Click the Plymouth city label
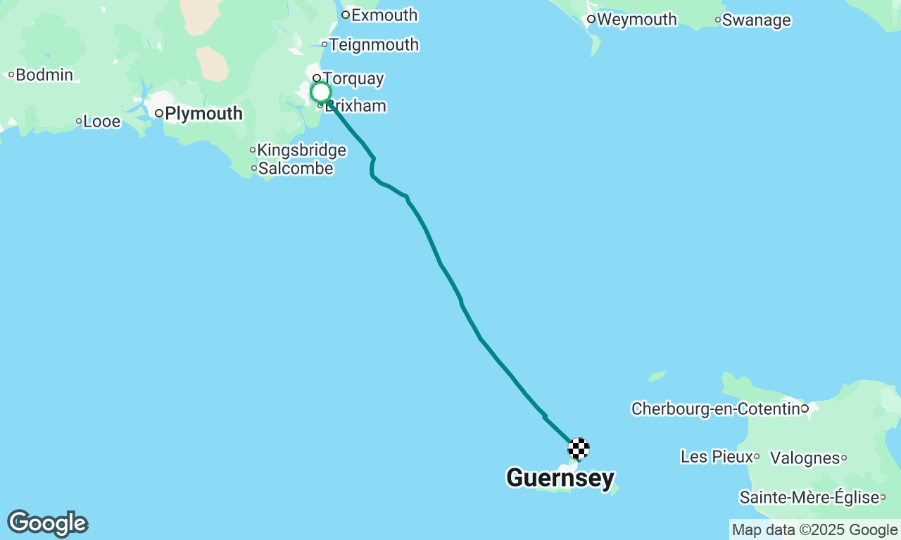[203, 113]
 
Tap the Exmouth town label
[384, 15]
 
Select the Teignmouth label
[374, 45]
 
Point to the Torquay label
[353, 79]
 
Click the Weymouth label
[637, 20]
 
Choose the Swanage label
[756, 20]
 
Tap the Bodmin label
[44, 75]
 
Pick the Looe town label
[102, 122]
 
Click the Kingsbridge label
[301, 150]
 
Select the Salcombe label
[296, 169]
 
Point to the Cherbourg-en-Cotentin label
[716, 409]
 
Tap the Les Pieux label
[717, 457]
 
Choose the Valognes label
[805, 458]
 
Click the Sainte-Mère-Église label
[809, 498]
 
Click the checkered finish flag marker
[579, 448]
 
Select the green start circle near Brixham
[321, 92]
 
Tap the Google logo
[47, 524]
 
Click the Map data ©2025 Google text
[814, 530]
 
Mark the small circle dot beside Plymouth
[160, 113]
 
